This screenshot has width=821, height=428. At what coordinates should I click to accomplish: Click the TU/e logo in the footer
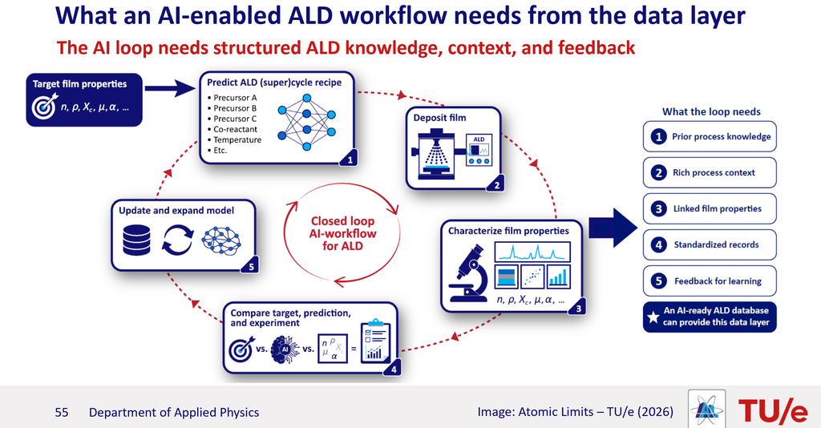coord(773,410)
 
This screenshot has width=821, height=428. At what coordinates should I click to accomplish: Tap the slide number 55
coord(61,412)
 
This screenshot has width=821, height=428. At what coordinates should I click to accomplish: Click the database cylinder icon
coord(136,240)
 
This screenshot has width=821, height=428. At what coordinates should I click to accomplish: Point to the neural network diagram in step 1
coord(306,122)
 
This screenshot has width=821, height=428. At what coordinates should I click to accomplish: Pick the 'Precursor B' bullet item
coord(232,108)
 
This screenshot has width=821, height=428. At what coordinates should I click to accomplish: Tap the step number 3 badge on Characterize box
coord(578,309)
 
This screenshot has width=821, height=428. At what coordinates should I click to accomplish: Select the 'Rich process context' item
coord(710,172)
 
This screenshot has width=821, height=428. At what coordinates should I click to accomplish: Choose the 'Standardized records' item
coord(710,245)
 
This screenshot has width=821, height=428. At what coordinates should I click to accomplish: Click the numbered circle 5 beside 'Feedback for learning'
coord(659,281)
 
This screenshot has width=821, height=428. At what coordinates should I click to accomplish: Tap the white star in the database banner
coord(653,317)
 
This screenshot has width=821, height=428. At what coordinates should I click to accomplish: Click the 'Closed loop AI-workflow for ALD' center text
coord(342,233)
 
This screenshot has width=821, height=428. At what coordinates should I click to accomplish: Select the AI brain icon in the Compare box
coord(285,349)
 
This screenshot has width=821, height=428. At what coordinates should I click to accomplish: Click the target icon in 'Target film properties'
coord(45,107)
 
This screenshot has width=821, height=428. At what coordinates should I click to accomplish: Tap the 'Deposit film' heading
coord(439,118)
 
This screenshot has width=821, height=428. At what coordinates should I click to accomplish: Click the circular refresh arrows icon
coord(177,240)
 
